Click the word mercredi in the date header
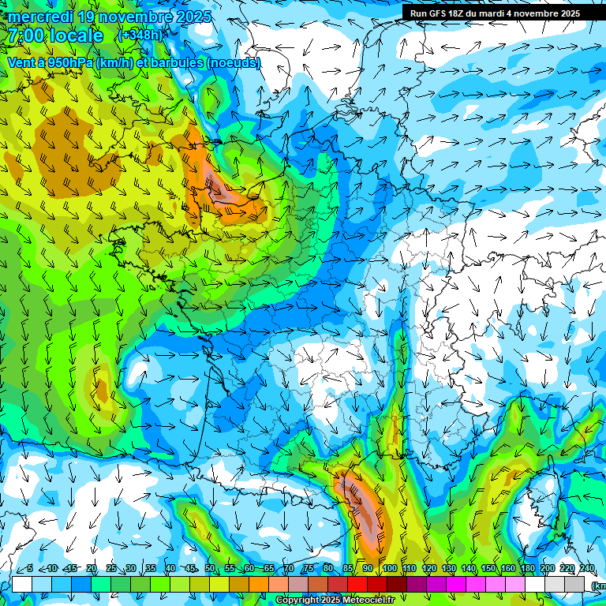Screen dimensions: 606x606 pyautogui.click(x=41, y=17)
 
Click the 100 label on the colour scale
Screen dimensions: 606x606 pyautogui.click(x=388, y=569)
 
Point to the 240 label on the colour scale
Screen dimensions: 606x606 pyautogui.click(x=587, y=569)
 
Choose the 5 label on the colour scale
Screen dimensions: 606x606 pyautogui.click(x=29, y=569)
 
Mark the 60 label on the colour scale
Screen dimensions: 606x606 pyautogui.click(x=249, y=569)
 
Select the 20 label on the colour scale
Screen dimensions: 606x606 pyautogui.click(x=91, y=569)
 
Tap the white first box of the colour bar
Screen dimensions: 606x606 pyautogui.click(x=21, y=584)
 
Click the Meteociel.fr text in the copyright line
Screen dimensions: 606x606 pyautogui.click(x=364, y=600)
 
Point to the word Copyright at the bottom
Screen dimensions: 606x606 pyautogui.click(x=299, y=600)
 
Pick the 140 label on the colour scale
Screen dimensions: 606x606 pyautogui.click(x=468, y=569)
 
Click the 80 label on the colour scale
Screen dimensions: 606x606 pyautogui.click(x=328, y=569)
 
